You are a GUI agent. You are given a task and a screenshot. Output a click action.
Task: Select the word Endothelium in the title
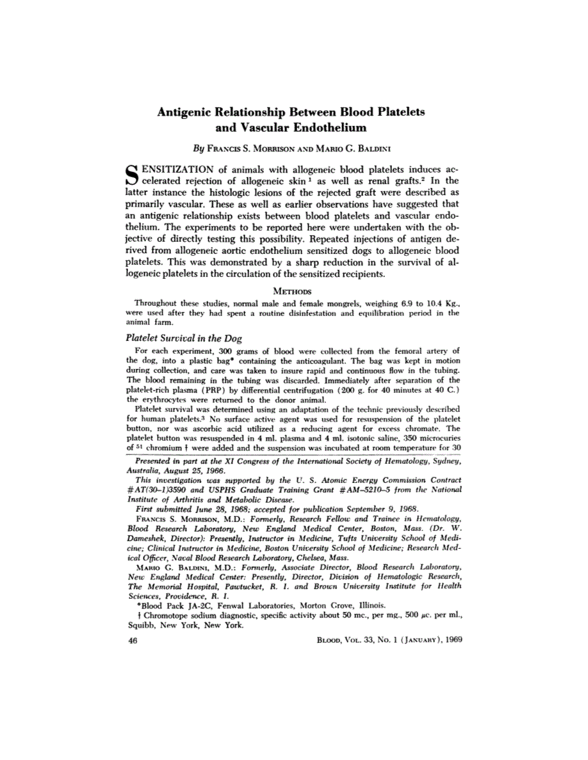326,127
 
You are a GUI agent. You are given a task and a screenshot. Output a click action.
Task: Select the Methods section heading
294,306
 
